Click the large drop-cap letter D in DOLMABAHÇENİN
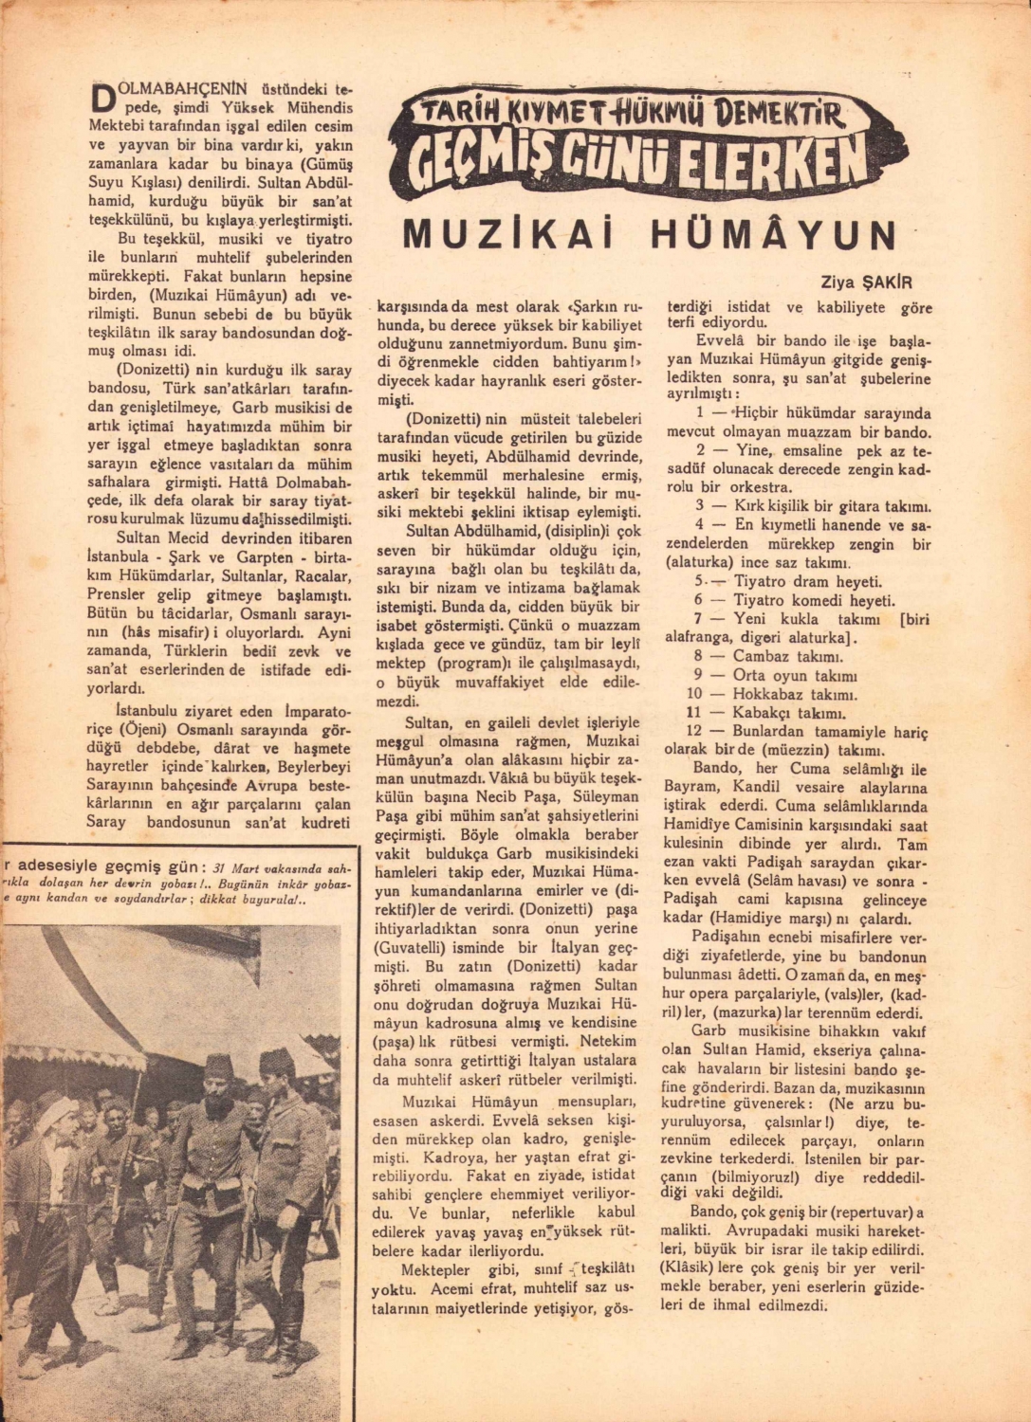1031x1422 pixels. pyautogui.click(x=101, y=99)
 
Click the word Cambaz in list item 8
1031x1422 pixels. pyautogui.click(x=760, y=656)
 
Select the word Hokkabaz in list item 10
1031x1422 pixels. pyautogui.click(x=765, y=694)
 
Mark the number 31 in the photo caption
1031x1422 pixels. pyautogui.click(x=222, y=866)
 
